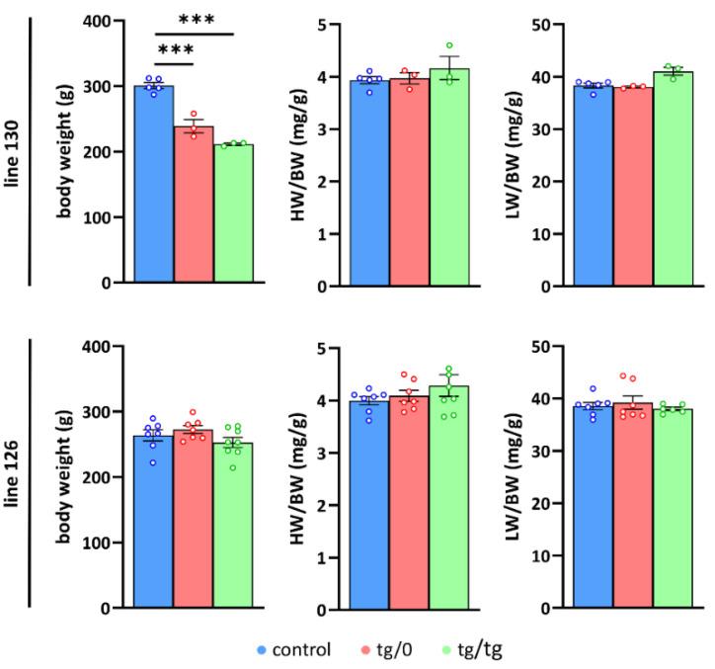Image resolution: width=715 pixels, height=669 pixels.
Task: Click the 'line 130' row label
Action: (x=14, y=154)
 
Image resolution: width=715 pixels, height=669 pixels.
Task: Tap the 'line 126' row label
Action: (x=14, y=474)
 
